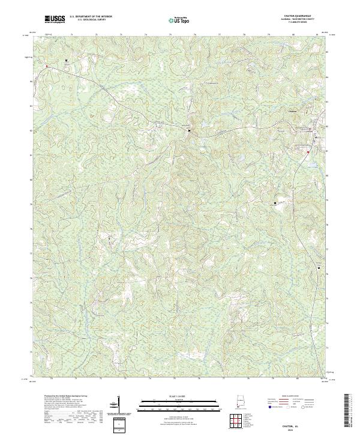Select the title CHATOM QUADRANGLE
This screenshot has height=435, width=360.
(x=301, y=16)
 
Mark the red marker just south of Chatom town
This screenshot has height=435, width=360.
(x=307, y=152)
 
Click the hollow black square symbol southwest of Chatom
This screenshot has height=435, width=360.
(x=275, y=203)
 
